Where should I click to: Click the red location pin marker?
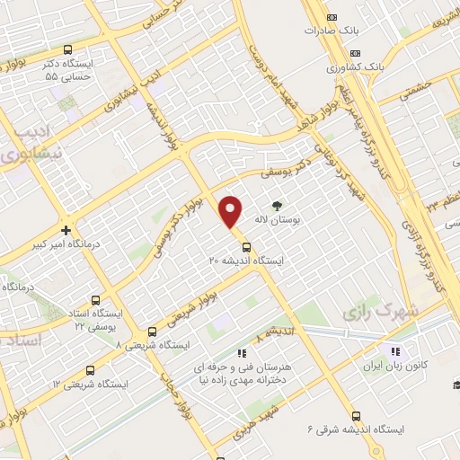tap(232, 211)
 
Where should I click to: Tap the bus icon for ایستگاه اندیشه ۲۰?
tap(245, 245)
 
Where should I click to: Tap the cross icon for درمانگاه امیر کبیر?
tap(66, 230)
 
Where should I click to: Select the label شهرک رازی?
tap(370, 310)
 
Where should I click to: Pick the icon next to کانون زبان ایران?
tap(393, 350)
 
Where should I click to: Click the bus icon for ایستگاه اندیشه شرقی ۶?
tap(357, 416)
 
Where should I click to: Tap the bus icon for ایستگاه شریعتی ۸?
tap(151, 332)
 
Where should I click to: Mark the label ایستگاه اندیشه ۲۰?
tap(245, 260)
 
